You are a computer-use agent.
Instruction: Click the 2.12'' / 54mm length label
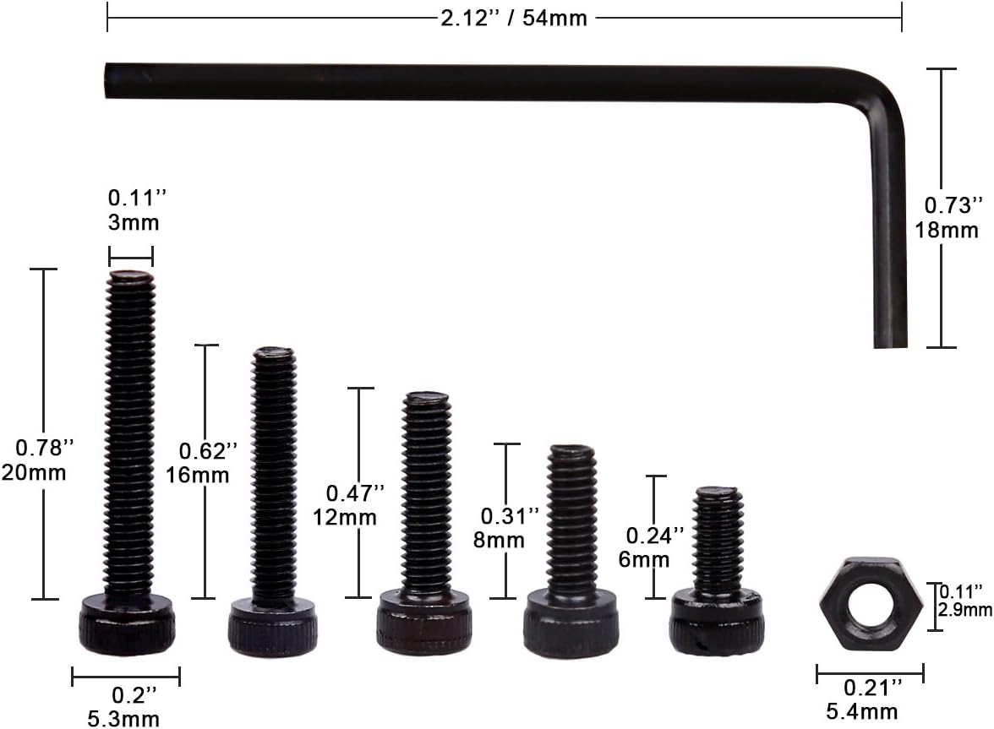(514, 19)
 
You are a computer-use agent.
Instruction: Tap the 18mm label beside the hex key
(947, 230)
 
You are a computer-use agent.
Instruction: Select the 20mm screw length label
(34, 472)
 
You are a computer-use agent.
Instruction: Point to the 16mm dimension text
(198, 475)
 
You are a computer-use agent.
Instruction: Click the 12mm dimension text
(345, 517)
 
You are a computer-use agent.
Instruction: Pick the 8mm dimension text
(499, 541)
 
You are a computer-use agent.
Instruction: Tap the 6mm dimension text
(644, 560)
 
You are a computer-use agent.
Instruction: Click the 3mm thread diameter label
(134, 222)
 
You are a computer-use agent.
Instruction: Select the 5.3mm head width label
(123, 719)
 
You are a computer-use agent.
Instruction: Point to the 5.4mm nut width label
(862, 711)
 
